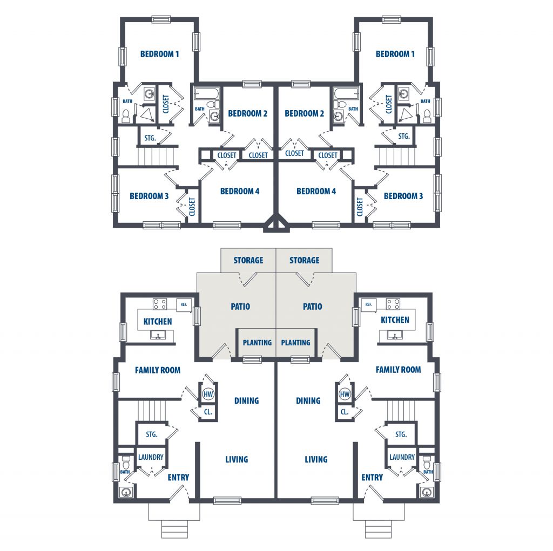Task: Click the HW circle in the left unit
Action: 208,394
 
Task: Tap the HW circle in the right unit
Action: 345,394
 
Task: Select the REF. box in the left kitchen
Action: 184,304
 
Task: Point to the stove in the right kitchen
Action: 393,304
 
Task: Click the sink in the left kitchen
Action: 158,335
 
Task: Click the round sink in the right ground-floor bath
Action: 427,492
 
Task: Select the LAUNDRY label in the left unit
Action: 151,457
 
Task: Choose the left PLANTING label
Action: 257,343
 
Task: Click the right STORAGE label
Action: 305,260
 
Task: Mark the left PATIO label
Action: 240,307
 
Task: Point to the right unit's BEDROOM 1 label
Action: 395,54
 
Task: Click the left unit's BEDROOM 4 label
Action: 239,191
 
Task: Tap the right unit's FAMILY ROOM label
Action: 398,370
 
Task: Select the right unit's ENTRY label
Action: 372,477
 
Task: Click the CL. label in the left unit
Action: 208,411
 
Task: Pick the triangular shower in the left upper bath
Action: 147,114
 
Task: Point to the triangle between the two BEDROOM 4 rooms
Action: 276,222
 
